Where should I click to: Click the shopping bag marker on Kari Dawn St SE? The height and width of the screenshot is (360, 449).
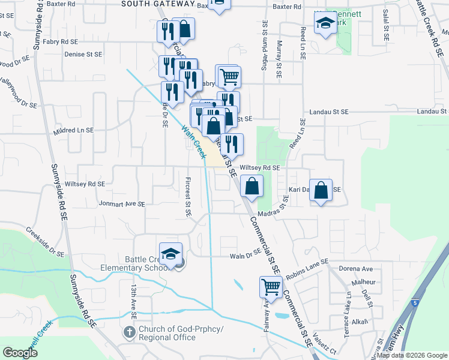322,190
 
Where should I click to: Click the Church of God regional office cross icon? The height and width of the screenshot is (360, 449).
128,332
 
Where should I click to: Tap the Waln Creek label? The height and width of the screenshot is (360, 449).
194,141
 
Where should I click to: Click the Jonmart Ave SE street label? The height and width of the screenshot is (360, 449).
122,204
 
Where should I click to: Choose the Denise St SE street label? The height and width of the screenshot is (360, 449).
83,53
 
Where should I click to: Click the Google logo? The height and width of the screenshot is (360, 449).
20,353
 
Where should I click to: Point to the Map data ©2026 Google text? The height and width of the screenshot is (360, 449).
411,355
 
